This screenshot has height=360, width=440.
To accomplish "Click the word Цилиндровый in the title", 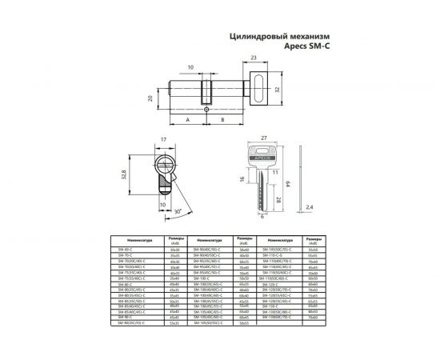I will [x=258, y=36].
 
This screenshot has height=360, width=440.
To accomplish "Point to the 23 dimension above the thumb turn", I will [x=254, y=58].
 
